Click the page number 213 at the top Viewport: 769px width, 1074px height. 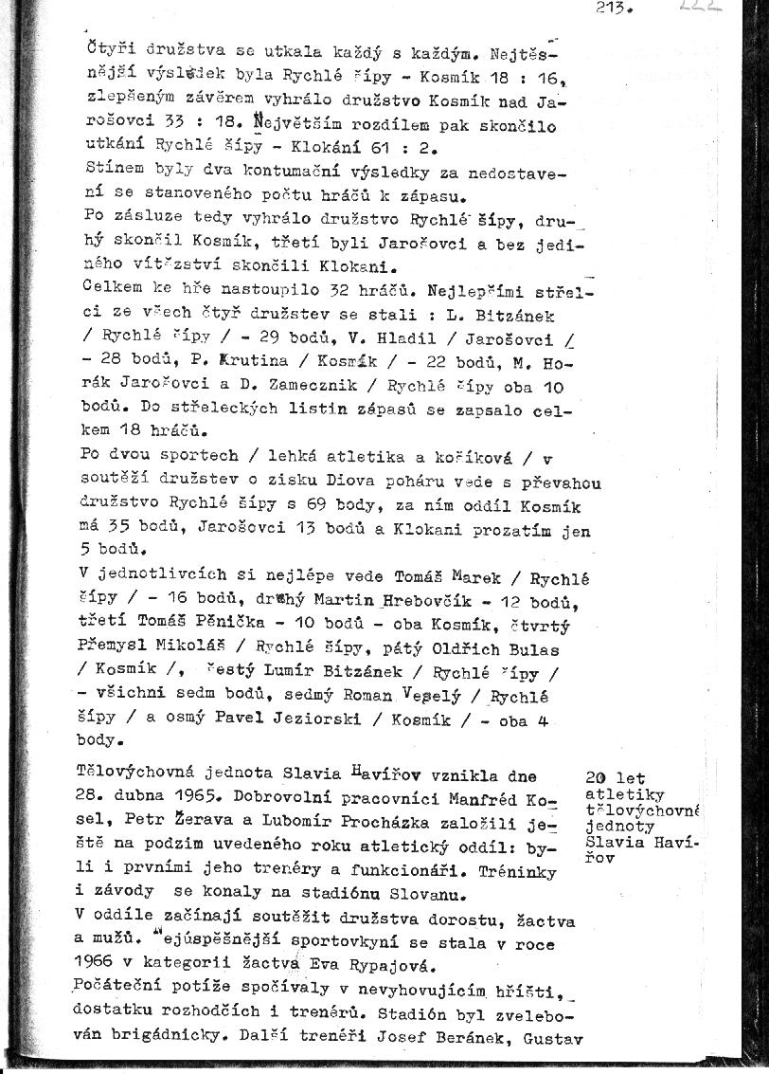[615, 9]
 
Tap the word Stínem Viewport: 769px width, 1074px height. [111, 171]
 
